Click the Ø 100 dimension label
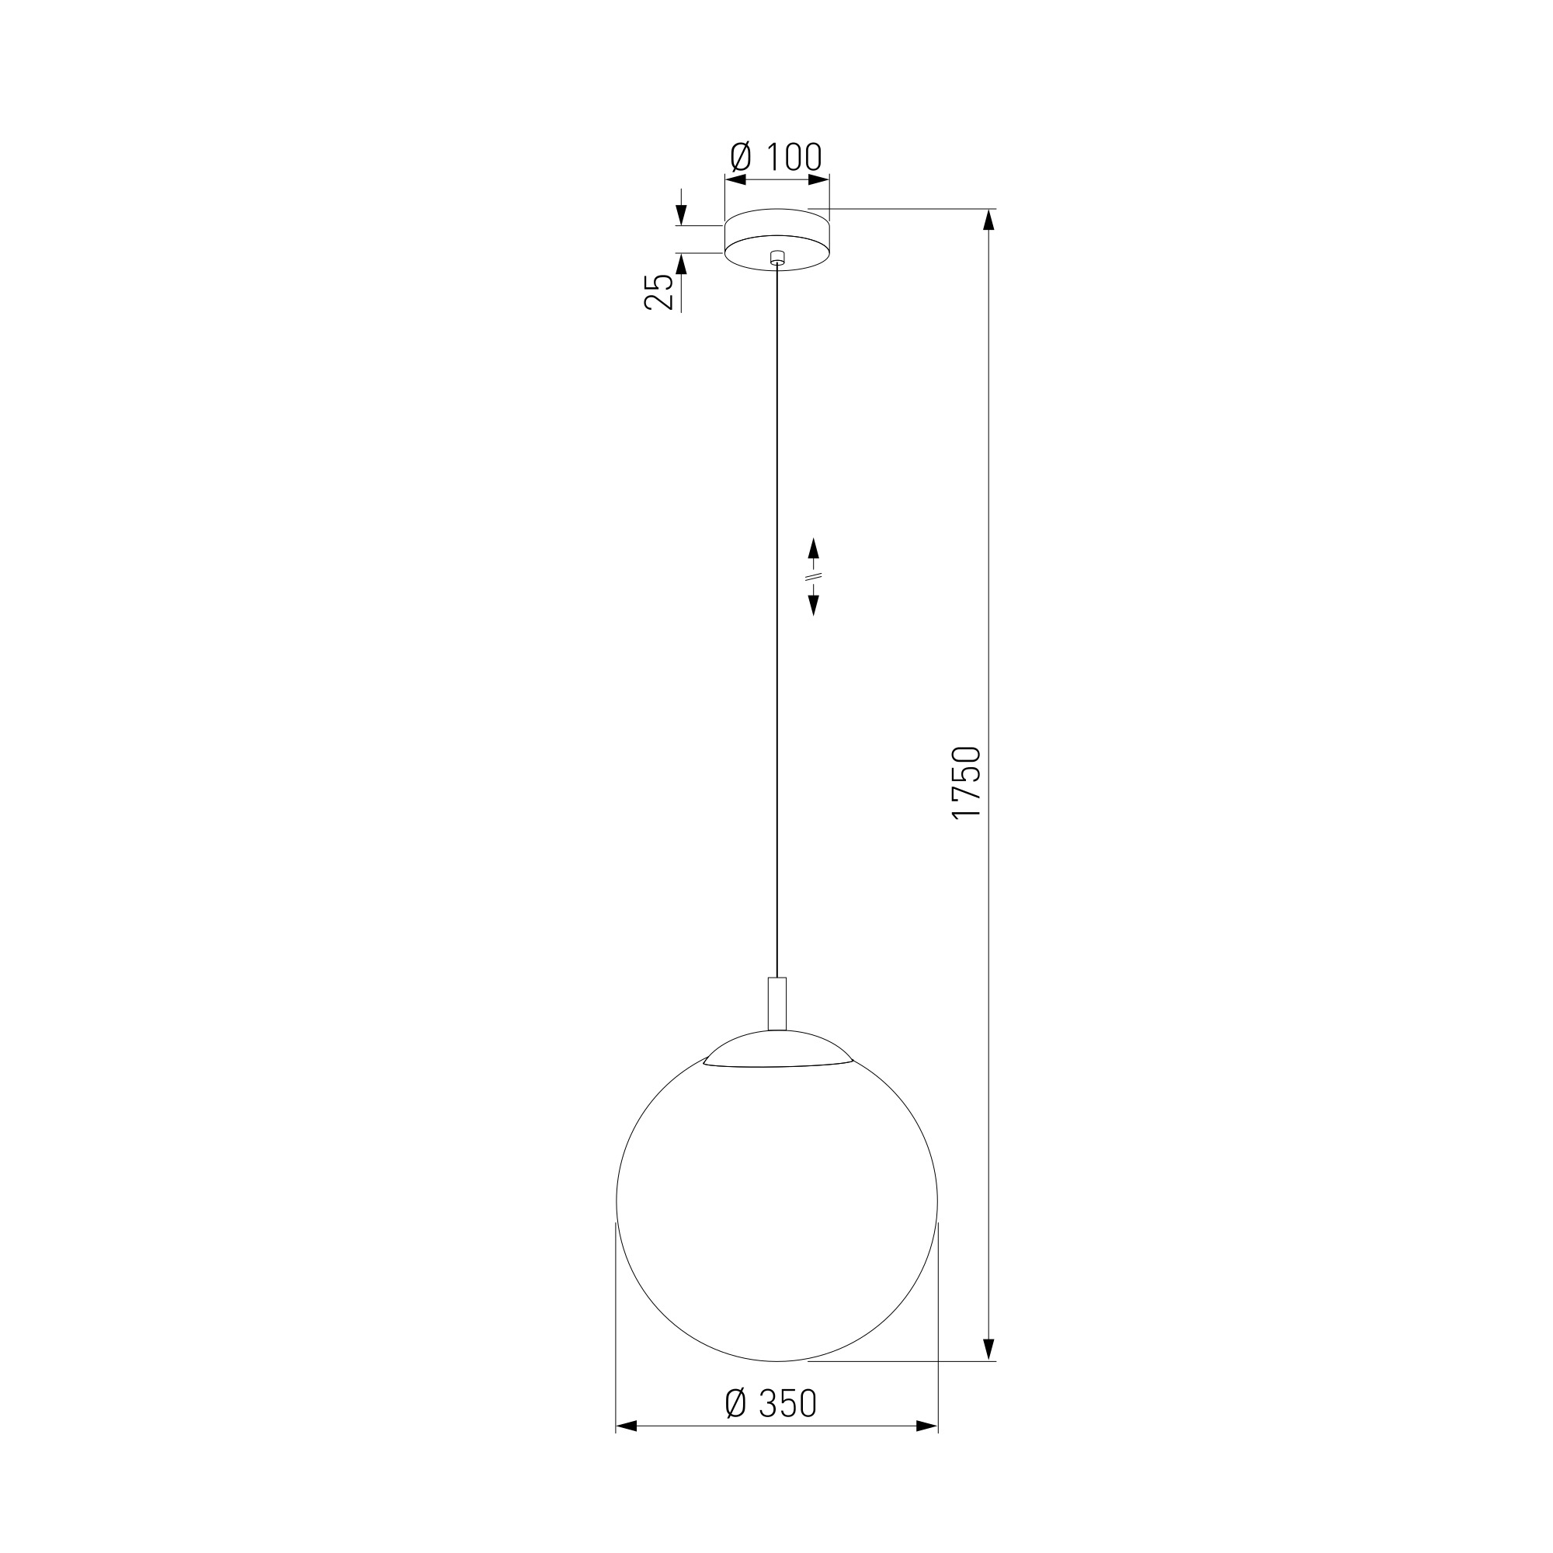tap(776, 157)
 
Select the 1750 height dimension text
tap(966, 783)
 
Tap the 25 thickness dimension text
tap(659, 292)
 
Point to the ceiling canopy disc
tap(777, 239)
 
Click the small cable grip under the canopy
tap(777, 258)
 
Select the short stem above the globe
tap(777, 1003)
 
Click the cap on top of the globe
tap(777, 1049)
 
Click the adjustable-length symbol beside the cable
tap(814, 576)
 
